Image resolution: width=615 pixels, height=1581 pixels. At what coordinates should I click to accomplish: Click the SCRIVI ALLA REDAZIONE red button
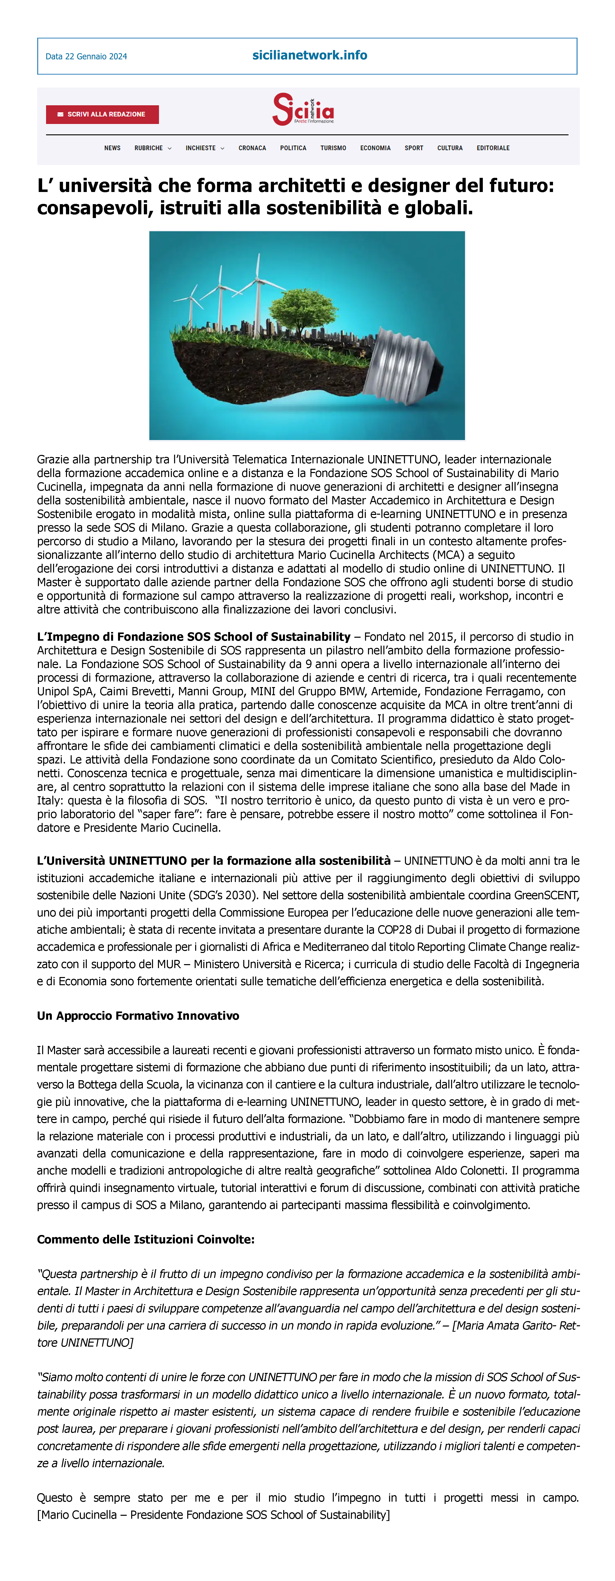pyautogui.click(x=102, y=114)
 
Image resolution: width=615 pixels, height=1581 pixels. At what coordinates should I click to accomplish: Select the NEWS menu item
pyautogui.click(x=112, y=148)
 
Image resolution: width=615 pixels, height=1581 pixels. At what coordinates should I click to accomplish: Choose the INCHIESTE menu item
pyautogui.click(x=204, y=148)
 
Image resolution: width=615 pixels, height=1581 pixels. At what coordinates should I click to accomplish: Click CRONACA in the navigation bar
pyautogui.click(x=252, y=148)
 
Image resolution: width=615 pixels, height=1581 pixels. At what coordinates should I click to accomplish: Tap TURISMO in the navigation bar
pyautogui.click(x=333, y=148)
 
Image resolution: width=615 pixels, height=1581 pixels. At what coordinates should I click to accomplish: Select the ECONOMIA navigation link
pyautogui.click(x=375, y=148)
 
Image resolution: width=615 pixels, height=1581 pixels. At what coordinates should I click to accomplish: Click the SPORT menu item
pyautogui.click(x=414, y=148)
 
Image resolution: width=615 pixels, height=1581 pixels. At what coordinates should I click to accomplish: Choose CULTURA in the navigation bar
pyautogui.click(x=450, y=148)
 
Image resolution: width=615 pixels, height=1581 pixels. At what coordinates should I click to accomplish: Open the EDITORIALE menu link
pyautogui.click(x=493, y=148)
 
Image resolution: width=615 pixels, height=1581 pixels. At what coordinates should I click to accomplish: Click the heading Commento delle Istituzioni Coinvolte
pyautogui.click(x=146, y=1239)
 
